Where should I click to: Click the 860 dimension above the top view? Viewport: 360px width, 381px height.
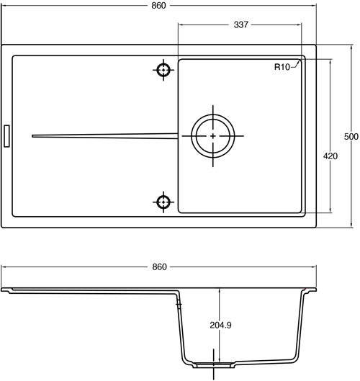coord(158,6)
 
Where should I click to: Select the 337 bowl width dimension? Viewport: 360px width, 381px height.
coord(241,24)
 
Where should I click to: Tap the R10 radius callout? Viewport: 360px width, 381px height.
coord(282,67)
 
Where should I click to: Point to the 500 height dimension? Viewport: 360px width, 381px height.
coord(351,137)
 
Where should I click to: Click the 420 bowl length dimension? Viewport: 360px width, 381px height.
coord(330,156)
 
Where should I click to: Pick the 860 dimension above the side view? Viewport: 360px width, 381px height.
coord(158,266)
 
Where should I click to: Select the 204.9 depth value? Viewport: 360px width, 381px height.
coord(220,325)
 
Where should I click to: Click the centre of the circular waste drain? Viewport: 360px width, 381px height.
coord(212,136)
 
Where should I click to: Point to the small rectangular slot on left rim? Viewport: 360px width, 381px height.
coord(7,135)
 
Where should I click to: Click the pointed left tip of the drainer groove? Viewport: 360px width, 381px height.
coord(33,135)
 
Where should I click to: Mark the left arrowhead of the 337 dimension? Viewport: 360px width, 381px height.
coord(180,24)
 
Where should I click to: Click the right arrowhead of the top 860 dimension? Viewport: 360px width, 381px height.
coord(315,6)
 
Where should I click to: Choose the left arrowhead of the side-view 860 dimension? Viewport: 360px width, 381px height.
coord(4,266)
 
